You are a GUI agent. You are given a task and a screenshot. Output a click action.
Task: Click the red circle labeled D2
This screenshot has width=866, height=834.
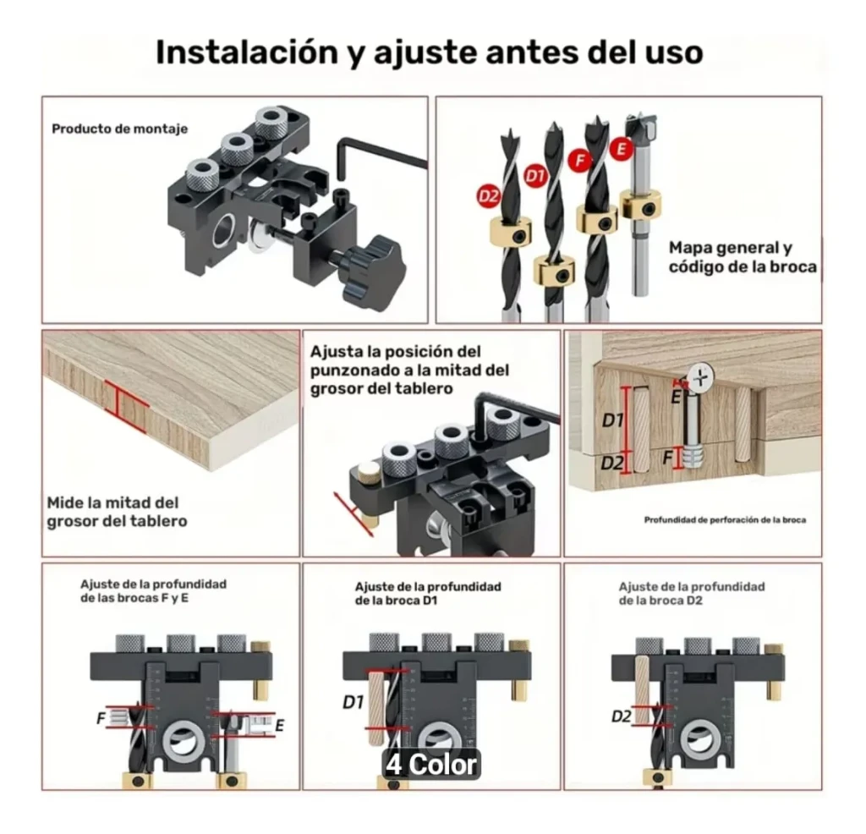(x=488, y=196)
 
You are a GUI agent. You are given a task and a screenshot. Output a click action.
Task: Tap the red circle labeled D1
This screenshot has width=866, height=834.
(x=535, y=176)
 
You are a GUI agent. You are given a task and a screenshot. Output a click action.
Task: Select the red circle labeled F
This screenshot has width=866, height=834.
(x=580, y=160)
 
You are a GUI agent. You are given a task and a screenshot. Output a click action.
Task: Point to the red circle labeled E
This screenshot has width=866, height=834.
(x=622, y=149)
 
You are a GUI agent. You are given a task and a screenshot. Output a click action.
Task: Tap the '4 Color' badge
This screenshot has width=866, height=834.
(x=430, y=765)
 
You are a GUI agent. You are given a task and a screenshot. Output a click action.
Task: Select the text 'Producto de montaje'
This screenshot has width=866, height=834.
(x=120, y=129)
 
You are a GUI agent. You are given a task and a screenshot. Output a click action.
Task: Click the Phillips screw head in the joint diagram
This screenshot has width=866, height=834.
(x=701, y=379)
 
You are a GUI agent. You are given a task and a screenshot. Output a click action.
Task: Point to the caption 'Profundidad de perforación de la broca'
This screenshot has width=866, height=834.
(x=725, y=519)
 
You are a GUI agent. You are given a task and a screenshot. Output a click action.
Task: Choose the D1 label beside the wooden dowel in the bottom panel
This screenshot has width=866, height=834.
(x=354, y=702)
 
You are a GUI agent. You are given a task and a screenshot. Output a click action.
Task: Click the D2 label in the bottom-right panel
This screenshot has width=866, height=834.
(x=622, y=716)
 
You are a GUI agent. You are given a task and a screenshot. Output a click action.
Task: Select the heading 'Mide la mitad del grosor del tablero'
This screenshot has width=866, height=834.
(x=117, y=512)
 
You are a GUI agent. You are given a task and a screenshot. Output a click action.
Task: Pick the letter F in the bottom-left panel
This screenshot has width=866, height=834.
(x=101, y=718)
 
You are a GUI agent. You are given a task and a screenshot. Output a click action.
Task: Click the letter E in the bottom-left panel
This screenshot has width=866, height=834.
(x=279, y=726)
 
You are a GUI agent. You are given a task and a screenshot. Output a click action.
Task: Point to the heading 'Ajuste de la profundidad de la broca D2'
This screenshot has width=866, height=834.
(x=692, y=594)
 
